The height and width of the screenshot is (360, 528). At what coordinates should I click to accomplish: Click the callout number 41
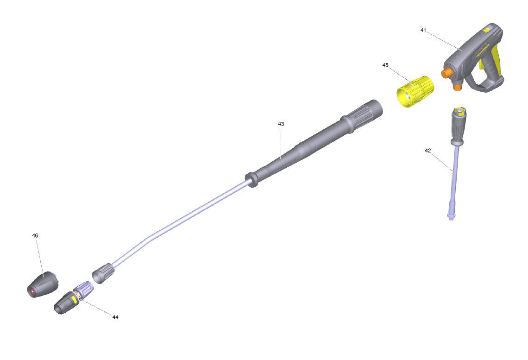pos(423,30)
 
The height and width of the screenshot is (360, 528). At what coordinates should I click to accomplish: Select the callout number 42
pos(427,151)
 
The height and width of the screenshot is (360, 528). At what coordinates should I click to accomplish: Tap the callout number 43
pos(281,124)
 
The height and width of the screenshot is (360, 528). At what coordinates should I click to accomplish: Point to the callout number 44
pos(115,317)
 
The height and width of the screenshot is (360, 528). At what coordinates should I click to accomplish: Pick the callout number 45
pos(385,65)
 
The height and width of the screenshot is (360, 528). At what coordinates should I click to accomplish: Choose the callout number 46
pos(35,235)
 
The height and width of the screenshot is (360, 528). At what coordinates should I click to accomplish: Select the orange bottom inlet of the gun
pos(457,87)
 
